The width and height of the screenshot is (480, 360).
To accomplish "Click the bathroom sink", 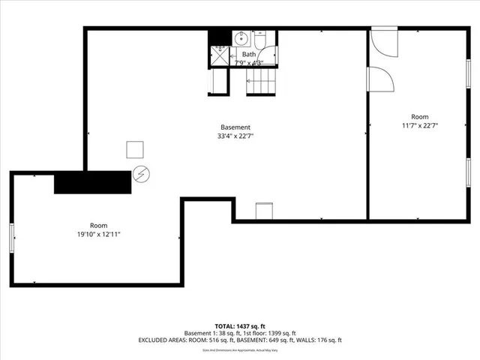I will [x=241, y=37].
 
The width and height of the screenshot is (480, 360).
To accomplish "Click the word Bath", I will [x=248, y=55].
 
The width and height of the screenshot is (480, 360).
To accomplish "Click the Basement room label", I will [x=235, y=127].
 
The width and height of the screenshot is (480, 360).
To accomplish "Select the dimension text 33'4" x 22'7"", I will [x=235, y=136].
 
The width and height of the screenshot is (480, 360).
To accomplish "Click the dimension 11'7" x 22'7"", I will [x=419, y=126].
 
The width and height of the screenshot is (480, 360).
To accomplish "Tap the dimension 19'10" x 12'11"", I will [x=99, y=235].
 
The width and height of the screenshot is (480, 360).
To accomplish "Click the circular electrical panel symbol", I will [x=140, y=175].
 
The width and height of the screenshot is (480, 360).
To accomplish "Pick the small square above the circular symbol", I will [x=136, y=150].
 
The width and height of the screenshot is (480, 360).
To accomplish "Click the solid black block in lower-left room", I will [x=91, y=182].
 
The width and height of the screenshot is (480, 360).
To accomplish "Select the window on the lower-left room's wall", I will [x=12, y=238].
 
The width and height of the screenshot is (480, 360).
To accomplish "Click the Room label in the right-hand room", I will [x=419, y=116].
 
